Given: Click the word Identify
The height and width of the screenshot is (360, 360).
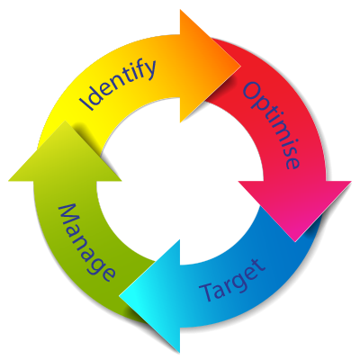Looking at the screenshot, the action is click(118, 85).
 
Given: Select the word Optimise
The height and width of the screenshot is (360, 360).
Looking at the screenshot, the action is click(271, 126).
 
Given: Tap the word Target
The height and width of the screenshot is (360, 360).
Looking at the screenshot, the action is click(232, 280).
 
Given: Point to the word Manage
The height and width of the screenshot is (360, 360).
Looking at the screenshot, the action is click(86, 243).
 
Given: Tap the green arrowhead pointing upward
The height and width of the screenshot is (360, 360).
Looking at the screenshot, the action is click(65, 154).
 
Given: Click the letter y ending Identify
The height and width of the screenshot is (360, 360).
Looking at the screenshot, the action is click(149, 69).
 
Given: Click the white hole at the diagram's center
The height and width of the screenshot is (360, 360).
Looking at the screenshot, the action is click(180, 181).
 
